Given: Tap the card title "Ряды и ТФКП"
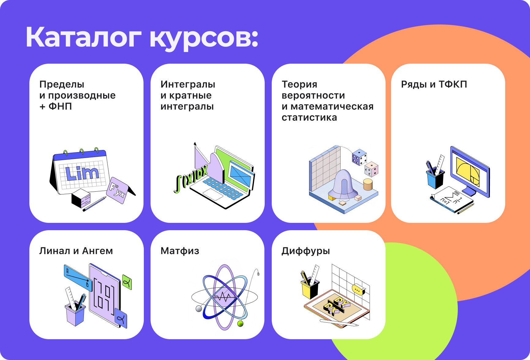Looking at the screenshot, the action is [434, 84].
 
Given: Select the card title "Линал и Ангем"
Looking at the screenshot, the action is [76, 251].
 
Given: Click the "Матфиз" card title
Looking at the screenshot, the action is [180, 251].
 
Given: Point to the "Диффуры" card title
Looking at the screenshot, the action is [306, 251].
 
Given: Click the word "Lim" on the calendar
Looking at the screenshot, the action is [82, 173].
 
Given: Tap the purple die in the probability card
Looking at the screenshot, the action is [359, 157].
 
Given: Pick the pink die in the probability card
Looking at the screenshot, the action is [371, 169].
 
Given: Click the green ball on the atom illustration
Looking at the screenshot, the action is [241, 324].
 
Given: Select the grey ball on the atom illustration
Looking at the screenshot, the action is [199, 309].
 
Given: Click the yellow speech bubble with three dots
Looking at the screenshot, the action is [358, 289].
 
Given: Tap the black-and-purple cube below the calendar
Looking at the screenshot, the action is [81, 198].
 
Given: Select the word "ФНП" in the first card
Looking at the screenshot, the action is [60, 106].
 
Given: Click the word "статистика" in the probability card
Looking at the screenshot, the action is [309, 117].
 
